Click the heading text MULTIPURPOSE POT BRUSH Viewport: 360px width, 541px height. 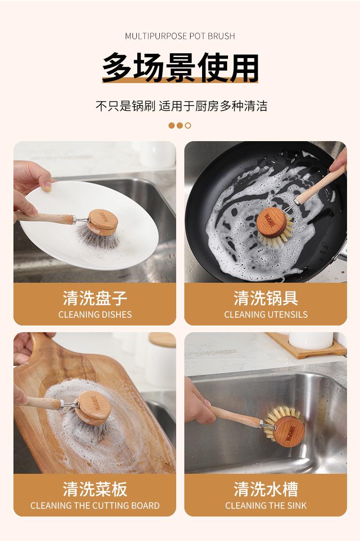pyautogui.click(x=180, y=36)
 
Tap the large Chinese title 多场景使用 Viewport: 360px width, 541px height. pyautogui.click(x=180, y=67)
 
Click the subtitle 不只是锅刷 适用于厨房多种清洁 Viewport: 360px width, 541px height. pyautogui.click(x=181, y=106)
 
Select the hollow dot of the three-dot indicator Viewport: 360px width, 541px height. pyautogui.click(x=188, y=126)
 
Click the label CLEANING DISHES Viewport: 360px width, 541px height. pyautogui.click(x=95, y=314)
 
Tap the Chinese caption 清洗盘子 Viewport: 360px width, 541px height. pyautogui.click(x=95, y=298)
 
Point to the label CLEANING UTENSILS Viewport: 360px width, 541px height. pyautogui.click(x=266, y=314)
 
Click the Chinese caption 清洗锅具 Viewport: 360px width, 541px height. pyautogui.click(x=266, y=298)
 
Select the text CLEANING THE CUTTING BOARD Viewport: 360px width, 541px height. pyautogui.click(x=95, y=505)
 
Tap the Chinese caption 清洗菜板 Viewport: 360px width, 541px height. pyautogui.click(x=95, y=489)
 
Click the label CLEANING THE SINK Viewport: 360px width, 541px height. pyautogui.click(x=266, y=505)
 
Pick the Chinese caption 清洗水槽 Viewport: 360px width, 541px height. pyautogui.click(x=266, y=489)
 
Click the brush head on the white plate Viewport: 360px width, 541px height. pyautogui.click(x=100, y=228)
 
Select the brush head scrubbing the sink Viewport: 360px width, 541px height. pyautogui.click(x=285, y=427)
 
